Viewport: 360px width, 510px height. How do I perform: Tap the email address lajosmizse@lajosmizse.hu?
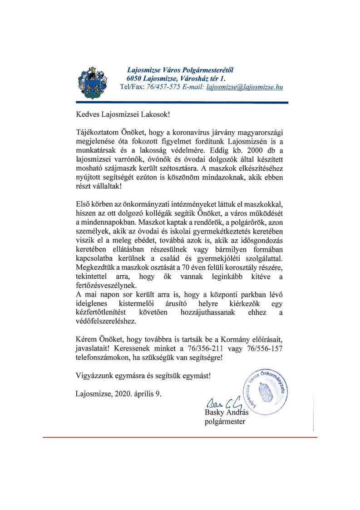pyautogui.click(x=245, y=87)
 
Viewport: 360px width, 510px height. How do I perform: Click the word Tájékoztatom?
pyautogui.click(x=99, y=133)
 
